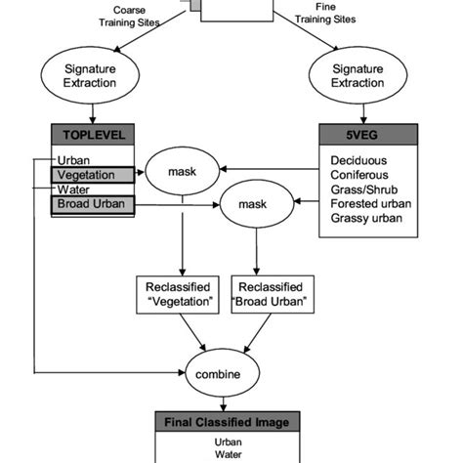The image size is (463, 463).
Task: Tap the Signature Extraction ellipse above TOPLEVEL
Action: click(91, 77)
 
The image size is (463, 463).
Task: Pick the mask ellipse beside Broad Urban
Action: click(257, 205)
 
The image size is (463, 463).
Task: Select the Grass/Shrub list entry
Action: click(364, 190)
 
